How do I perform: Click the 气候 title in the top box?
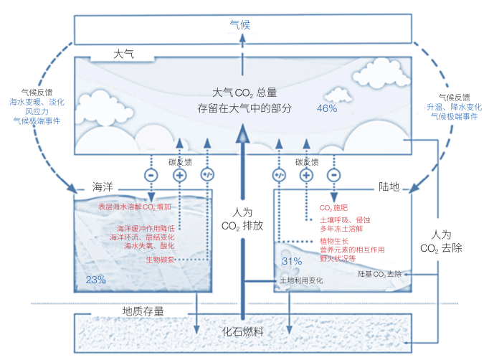239,24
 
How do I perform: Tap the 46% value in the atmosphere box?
327,108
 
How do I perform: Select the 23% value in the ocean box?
96,280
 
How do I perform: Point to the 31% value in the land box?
292,261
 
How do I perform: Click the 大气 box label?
123,55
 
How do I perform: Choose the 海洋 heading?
103,187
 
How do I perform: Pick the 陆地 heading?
389,186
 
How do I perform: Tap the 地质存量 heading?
143,311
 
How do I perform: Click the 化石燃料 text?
242,331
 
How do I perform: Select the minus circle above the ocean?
151,175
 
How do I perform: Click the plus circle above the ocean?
180,175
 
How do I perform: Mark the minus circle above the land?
333,175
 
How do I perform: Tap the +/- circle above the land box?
279,175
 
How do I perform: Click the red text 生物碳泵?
160,260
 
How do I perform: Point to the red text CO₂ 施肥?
333,208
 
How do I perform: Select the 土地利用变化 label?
301,280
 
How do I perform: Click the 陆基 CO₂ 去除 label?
379,274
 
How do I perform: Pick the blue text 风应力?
37,111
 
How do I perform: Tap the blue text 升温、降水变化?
454,107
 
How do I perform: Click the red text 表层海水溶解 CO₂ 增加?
135,207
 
